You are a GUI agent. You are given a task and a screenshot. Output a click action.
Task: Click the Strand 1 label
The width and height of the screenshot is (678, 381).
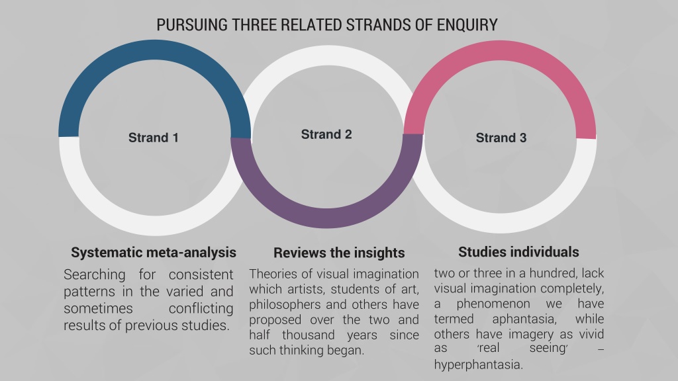coord(154,138)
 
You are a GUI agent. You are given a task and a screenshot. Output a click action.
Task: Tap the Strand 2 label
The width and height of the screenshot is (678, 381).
coord(326,134)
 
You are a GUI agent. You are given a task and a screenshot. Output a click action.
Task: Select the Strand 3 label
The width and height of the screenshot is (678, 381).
coord(501,138)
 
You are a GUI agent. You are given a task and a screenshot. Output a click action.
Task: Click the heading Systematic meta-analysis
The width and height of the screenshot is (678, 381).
coord(154,252)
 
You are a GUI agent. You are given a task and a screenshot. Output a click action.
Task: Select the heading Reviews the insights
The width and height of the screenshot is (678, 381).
coord(339,253)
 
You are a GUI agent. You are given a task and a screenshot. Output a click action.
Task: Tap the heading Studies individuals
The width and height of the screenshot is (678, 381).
coord(518,252)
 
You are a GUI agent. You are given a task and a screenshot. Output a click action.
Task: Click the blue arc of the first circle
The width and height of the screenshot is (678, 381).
coord(154,50)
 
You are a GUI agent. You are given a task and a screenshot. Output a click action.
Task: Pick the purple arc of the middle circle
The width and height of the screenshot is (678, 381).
coord(326,218)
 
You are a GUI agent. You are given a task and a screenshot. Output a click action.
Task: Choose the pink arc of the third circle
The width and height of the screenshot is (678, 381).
coord(501,51)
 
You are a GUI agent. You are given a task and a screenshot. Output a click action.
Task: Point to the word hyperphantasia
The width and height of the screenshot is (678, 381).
coord(478,364)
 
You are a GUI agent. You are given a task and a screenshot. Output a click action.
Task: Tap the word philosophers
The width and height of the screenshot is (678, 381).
coord(285,305)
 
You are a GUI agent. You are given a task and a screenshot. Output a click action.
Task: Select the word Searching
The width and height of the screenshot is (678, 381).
coord(94,275)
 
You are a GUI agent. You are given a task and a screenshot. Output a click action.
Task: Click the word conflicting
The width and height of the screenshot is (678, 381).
coord(201,308)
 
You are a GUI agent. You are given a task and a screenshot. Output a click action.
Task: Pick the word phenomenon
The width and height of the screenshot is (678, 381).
coord(493,304)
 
